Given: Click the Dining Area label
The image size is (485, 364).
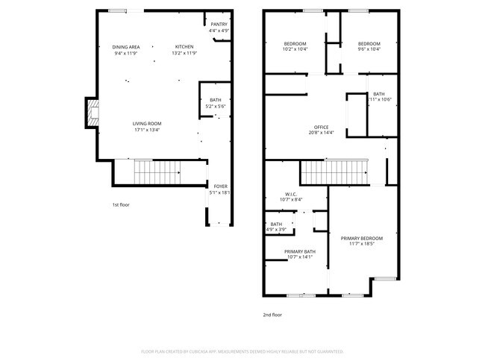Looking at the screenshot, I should pos(127,47).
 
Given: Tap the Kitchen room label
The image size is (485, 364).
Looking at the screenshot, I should pos(184,47).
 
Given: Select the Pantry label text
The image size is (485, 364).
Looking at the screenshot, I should pos(219,25).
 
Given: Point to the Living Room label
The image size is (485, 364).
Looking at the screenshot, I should pos(147,123).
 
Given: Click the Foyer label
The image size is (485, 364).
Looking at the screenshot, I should pos(221,186).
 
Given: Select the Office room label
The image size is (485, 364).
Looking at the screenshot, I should pos(321,127).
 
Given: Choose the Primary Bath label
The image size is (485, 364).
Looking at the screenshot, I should pos(300,251).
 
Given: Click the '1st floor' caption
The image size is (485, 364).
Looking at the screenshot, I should pos(121,204).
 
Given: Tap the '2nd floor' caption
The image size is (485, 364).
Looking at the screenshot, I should pos(272,315).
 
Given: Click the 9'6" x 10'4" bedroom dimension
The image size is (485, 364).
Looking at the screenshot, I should pos(369,49).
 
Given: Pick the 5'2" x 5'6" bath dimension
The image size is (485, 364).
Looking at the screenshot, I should pos(216,106).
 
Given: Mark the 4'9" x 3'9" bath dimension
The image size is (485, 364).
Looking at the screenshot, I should pos(276,230).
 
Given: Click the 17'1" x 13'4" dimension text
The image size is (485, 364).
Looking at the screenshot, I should pos(147,130).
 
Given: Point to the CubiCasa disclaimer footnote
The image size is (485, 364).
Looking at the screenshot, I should pos(242,351).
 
